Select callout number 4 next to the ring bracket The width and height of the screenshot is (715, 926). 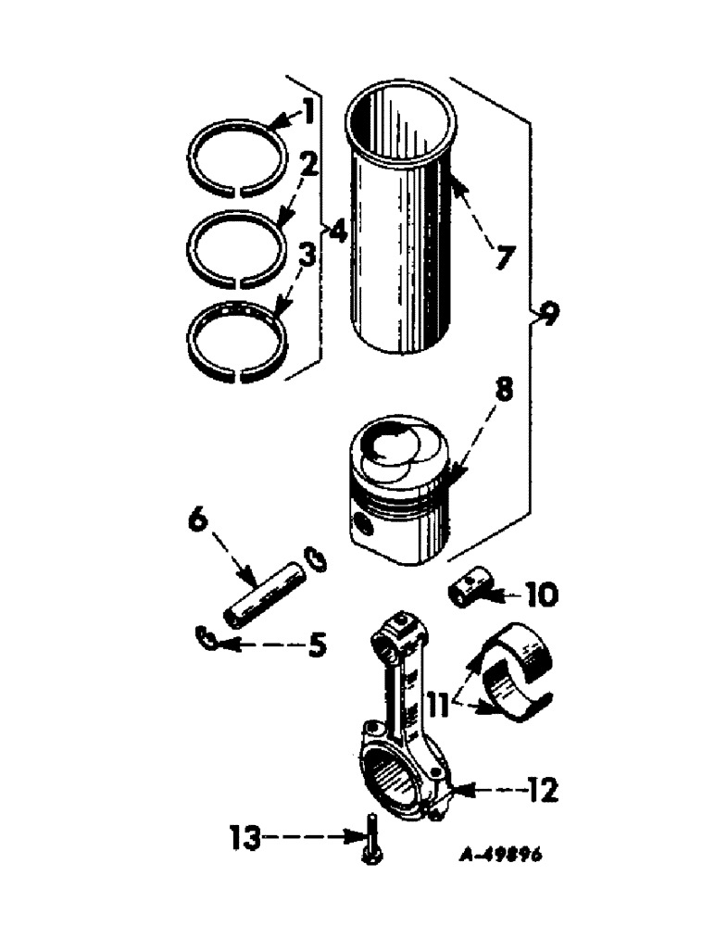click(337, 231)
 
